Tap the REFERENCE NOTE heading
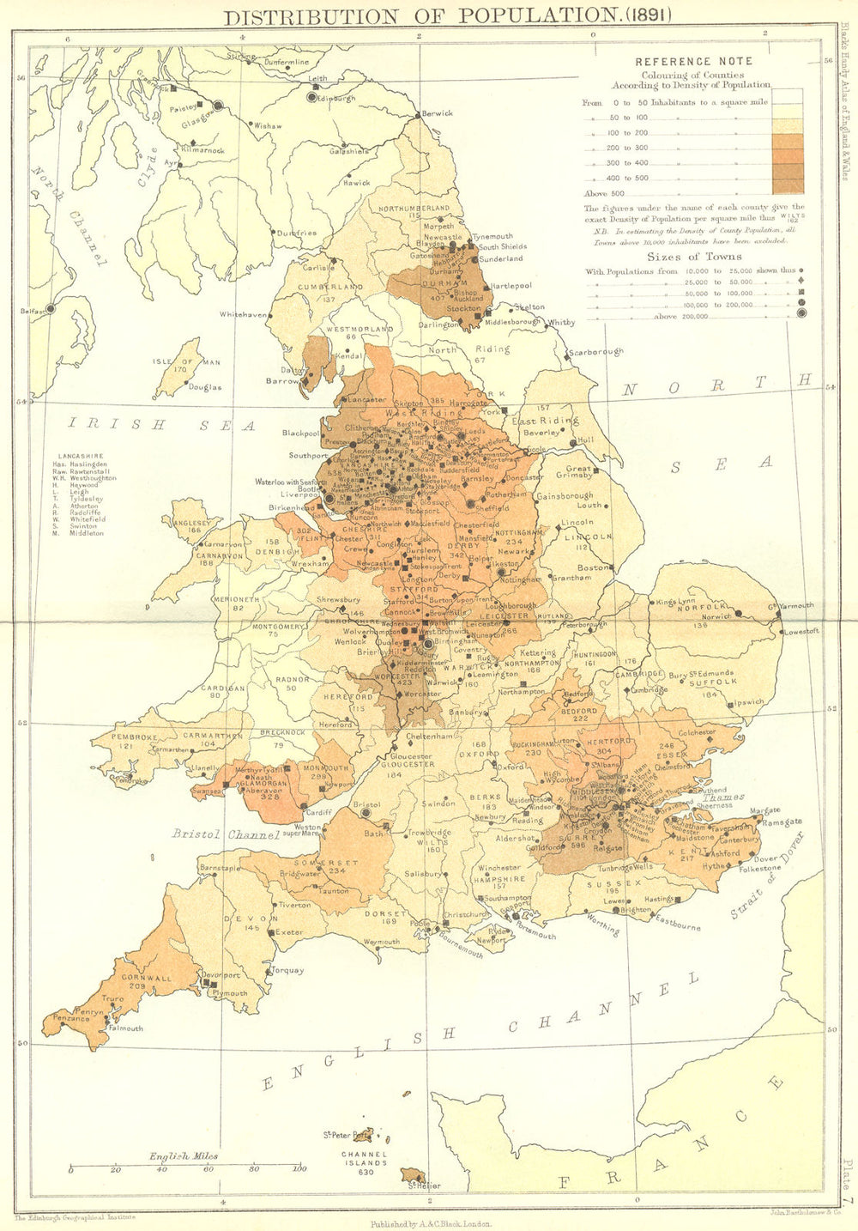click(693, 62)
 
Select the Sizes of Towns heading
click(694, 256)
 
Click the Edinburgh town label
click(336, 99)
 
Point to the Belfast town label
click(32, 312)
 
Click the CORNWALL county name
click(147, 978)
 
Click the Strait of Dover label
click(769, 875)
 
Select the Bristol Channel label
click(226, 834)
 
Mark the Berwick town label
click(437, 113)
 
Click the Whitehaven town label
click(244, 315)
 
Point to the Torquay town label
click(287, 971)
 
